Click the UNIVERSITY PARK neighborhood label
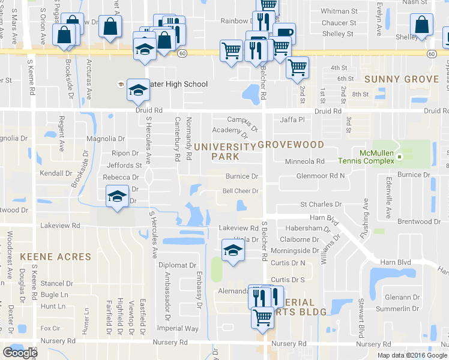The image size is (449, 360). click(226, 151)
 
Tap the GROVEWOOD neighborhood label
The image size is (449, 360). click(291, 145)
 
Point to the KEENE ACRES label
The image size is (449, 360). click(56, 257)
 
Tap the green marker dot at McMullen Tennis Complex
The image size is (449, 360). click(399, 157)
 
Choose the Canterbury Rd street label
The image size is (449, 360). click(178, 139)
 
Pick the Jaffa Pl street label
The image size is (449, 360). click(292, 120)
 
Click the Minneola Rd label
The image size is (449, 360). click(304, 161)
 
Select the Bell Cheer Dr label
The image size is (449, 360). click(240, 191)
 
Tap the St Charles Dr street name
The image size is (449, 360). click(321, 205)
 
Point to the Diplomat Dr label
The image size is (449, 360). click(177, 265)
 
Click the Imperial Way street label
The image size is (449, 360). click(178, 329)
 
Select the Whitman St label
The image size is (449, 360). click(339, 11)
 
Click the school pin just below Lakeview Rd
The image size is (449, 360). click(232, 251)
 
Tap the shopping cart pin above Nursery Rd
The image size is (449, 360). click(262, 316)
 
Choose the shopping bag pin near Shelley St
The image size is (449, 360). click(422, 26)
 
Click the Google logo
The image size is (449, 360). click(20, 353)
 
